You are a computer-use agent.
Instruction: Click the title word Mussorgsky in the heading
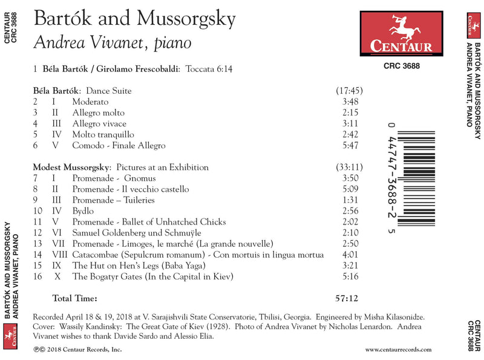[x=186, y=18]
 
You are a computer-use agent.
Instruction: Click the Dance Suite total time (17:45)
[x=349, y=91]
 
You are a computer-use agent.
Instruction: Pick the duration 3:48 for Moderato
[x=350, y=102]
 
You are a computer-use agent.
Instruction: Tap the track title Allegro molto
[x=99, y=113]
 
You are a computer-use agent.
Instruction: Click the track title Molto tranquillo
[x=103, y=134]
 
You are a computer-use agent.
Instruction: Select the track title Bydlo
[x=83, y=211]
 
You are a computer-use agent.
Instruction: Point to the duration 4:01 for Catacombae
[x=350, y=254]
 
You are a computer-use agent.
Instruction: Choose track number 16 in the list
[x=38, y=276]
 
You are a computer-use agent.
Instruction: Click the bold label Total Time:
[x=74, y=298]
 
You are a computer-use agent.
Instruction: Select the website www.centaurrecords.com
[x=398, y=349]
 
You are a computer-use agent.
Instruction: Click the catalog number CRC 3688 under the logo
[x=402, y=67]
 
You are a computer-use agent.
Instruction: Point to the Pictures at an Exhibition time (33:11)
[x=349, y=167]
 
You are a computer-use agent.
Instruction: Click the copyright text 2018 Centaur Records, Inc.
[x=85, y=349]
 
